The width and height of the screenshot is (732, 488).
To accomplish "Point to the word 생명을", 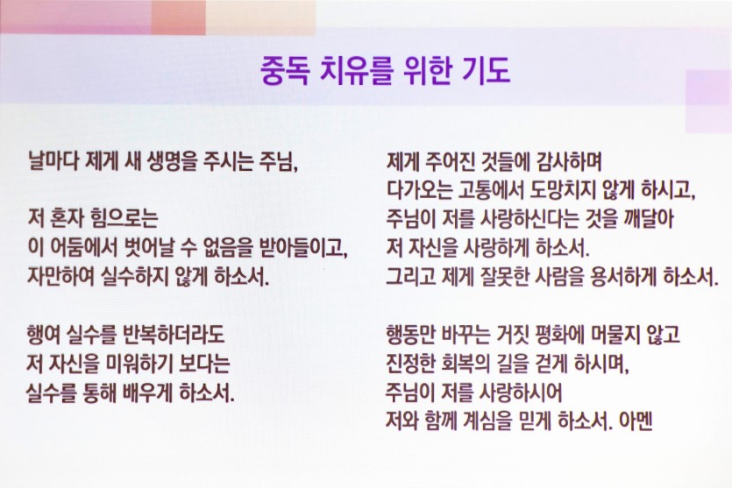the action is (173, 161).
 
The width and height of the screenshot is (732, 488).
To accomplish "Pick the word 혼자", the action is (67, 218).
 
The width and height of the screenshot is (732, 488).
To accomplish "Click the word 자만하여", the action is (61, 276).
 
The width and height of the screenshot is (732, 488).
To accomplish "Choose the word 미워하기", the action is (140, 364).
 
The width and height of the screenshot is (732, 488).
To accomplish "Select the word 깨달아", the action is (649, 218).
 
